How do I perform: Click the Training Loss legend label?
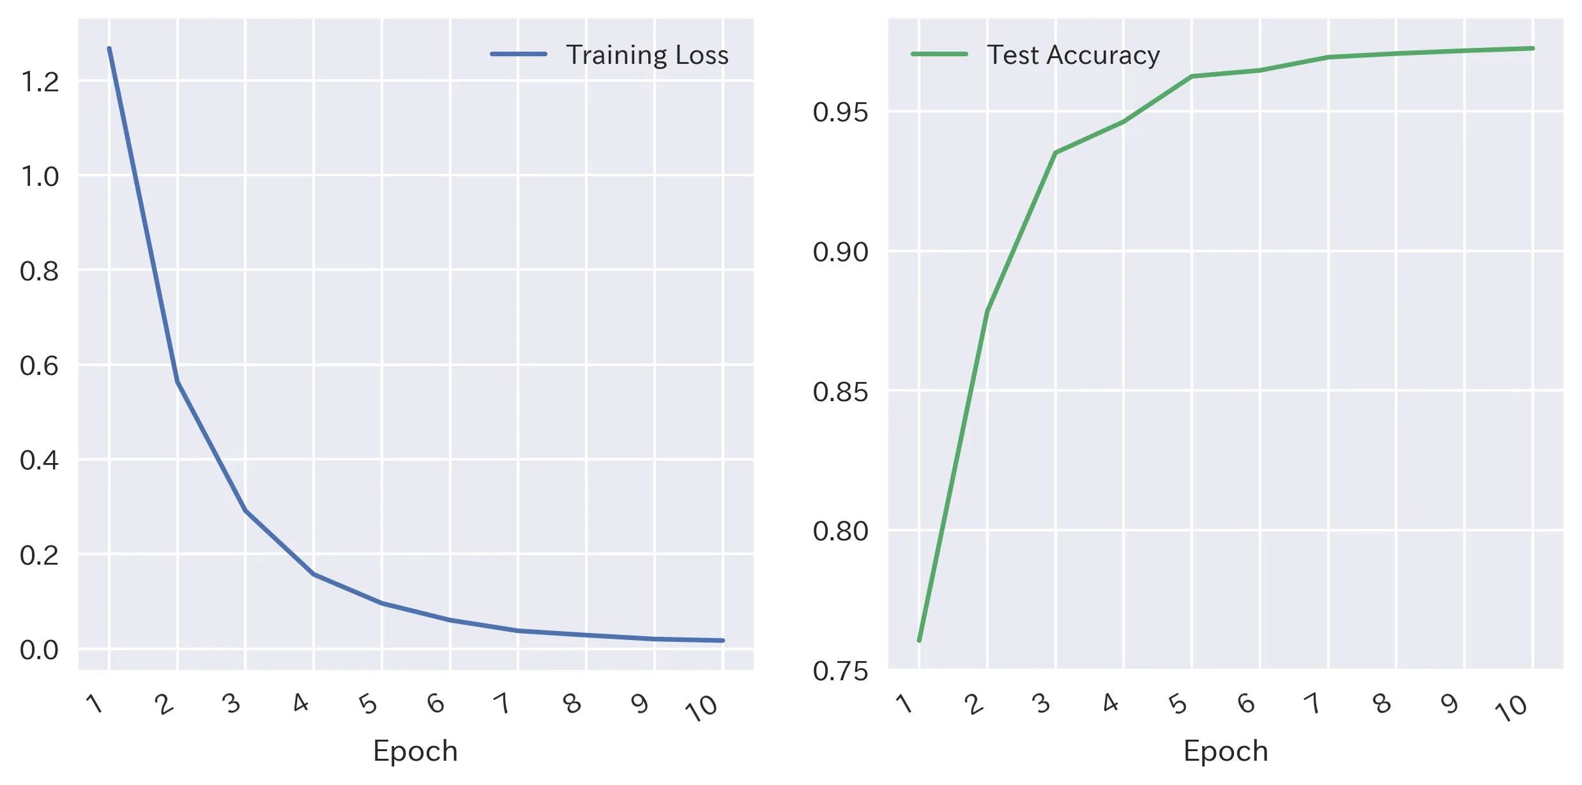click(646, 55)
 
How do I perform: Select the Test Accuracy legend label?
click(1073, 55)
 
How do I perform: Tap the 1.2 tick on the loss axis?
click(40, 82)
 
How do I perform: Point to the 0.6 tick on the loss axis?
click(40, 365)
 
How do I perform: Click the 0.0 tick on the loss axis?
click(40, 650)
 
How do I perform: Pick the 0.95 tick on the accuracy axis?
click(840, 112)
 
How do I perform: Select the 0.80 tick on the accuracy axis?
click(840, 531)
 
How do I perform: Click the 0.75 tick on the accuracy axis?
click(840, 671)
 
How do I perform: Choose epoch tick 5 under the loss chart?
click(369, 704)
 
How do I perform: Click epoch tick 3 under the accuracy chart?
click(1042, 704)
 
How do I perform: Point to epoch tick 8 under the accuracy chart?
click(1382, 704)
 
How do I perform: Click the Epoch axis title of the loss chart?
click(415, 751)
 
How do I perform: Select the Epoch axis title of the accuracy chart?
click(1225, 751)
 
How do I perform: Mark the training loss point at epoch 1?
click(109, 49)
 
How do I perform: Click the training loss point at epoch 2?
click(178, 382)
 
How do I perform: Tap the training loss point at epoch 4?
click(314, 574)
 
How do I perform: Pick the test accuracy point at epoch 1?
click(919, 640)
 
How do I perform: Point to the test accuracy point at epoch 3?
click(1055, 153)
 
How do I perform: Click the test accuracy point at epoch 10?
click(1532, 49)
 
